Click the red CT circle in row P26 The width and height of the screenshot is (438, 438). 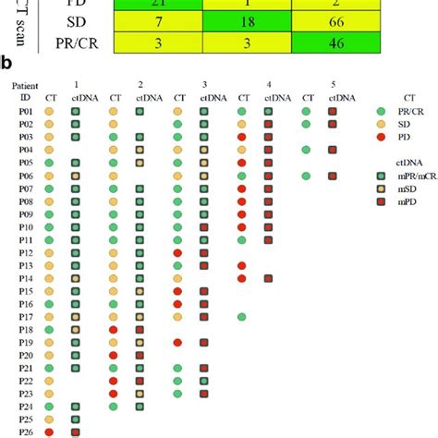point(49,432)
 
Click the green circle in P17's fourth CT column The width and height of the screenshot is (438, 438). point(241,317)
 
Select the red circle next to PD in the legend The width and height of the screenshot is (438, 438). point(383,136)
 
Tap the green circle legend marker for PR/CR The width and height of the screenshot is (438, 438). point(383,110)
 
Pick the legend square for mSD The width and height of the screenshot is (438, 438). point(383,188)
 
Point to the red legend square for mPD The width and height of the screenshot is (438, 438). point(383,201)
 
